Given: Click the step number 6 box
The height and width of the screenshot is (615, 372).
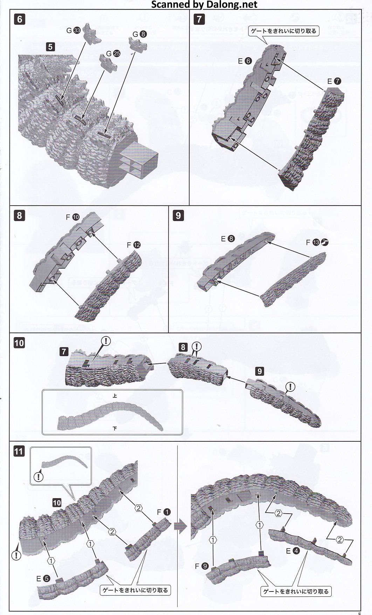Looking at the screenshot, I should [20, 19].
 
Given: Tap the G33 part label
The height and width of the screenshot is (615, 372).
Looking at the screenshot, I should [74, 31].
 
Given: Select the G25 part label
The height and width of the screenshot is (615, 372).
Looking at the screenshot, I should [113, 53].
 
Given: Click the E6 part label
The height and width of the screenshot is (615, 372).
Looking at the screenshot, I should [244, 61].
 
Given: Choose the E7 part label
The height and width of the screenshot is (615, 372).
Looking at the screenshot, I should [334, 81].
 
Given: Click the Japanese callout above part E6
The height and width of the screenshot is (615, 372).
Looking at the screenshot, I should [283, 31].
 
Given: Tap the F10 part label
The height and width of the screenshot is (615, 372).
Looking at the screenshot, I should [73, 217].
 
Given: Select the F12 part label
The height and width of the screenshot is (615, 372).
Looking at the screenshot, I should [133, 245].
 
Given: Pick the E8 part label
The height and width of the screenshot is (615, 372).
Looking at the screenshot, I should [228, 239].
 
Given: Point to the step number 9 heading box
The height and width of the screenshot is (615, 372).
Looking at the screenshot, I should [178, 215].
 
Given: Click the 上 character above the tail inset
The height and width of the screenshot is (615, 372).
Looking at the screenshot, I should [115, 396].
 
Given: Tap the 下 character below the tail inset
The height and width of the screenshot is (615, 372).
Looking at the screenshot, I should [115, 428].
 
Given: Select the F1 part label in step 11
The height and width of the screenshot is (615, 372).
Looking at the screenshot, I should [164, 512].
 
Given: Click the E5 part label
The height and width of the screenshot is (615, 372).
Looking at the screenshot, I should [43, 579].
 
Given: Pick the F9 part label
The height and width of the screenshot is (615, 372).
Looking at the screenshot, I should [201, 566].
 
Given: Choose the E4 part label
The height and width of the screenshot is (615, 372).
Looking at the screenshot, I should [292, 551].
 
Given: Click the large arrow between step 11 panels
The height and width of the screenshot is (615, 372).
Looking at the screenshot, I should [181, 527].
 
